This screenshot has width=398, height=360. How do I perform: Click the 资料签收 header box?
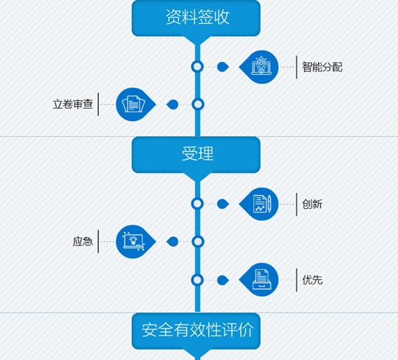tap(196, 18)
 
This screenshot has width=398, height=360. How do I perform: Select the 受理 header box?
tap(196, 155)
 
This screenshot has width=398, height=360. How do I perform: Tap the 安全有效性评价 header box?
tap(196, 330)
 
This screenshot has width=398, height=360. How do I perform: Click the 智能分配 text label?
tap(322, 67)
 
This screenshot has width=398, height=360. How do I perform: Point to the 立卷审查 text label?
tap(73, 104)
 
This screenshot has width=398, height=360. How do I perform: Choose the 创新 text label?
tap(312, 204)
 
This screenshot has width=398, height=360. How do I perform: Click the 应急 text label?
tap(83, 241)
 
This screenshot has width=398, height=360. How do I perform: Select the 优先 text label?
tap(312, 280)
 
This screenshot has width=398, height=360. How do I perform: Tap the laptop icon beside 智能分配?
tap(261, 66)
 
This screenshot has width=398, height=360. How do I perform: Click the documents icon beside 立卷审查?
tap(133, 104)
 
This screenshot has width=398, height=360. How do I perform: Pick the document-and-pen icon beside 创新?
tap(262, 204)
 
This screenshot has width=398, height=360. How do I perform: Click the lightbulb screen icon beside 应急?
tap(134, 241)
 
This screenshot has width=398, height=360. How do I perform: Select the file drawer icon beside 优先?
tap(262, 279)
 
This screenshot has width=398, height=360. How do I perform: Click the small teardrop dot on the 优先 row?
tap(223, 280)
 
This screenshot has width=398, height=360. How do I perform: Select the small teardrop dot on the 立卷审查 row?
tap(173, 104)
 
